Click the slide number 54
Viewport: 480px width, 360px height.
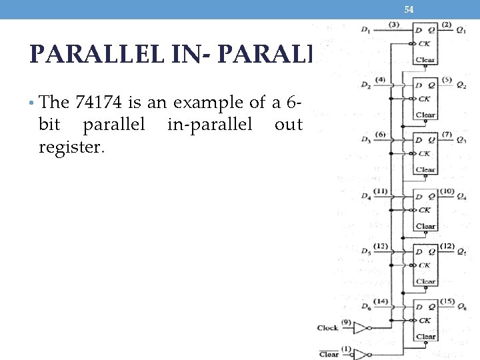[x=409, y=9]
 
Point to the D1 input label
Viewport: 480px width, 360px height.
[x=365, y=29]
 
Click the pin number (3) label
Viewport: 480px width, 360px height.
[x=394, y=25]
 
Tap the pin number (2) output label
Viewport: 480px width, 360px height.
[x=447, y=25]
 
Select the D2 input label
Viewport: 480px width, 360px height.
[x=365, y=85]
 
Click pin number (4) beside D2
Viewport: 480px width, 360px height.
[x=380, y=80]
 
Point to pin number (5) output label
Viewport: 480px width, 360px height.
[x=447, y=80]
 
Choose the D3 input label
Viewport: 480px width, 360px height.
[x=365, y=140]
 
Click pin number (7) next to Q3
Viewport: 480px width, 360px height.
[x=447, y=135]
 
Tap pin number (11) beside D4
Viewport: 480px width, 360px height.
[x=381, y=191]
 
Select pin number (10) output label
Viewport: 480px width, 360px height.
[x=447, y=191]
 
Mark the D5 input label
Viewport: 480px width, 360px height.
[x=365, y=251]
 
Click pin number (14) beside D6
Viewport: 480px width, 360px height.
[x=381, y=302]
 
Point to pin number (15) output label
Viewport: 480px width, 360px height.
[x=447, y=302]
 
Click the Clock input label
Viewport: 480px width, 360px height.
[x=328, y=327]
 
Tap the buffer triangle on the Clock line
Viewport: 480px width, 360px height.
[x=360, y=328]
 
